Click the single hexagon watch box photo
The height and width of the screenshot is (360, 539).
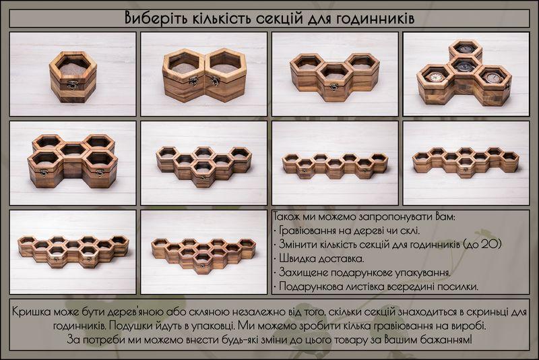tap(73, 74)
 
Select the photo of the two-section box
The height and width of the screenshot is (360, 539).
tap(204, 74)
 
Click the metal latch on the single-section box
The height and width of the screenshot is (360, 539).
tap(73, 84)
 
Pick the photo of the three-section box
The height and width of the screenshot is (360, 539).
tap(335, 74)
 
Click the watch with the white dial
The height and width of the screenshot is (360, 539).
tap(435, 77)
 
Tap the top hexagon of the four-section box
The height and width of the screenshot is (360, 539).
tap(466, 49)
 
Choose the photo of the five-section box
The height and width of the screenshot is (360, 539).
tap(73, 163)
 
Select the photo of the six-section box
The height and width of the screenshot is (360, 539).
tap(204, 163)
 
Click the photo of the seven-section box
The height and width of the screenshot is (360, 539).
tap(335, 163)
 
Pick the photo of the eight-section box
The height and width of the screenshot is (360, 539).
tap(466, 163)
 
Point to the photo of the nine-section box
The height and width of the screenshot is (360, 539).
tap(73, 252)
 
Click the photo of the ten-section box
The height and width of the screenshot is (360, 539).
tap(204, 252)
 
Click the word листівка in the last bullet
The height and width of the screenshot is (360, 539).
tap(362, 287)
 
